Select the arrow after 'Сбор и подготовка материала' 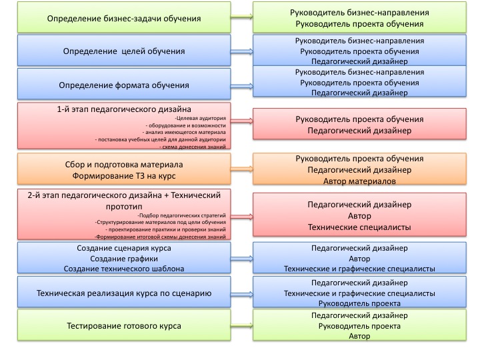242,169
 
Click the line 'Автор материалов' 359,181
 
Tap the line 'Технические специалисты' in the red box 359,228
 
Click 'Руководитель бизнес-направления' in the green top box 359,13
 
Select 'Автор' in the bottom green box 359,337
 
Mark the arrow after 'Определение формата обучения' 242,84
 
